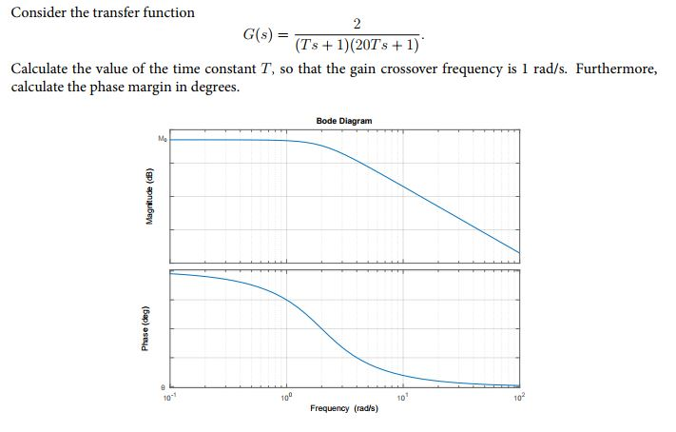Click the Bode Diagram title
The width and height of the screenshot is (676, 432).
pos(344,121)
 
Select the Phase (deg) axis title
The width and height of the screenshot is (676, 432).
pos(145,328)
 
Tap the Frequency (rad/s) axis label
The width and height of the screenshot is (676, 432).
pos(344,407)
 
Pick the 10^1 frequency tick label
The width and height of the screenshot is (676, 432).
pos(403,396)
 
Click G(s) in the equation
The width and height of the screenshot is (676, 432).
pos(258,34)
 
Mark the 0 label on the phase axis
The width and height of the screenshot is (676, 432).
pos(162,385)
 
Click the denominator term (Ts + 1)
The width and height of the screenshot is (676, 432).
pos(319,45)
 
